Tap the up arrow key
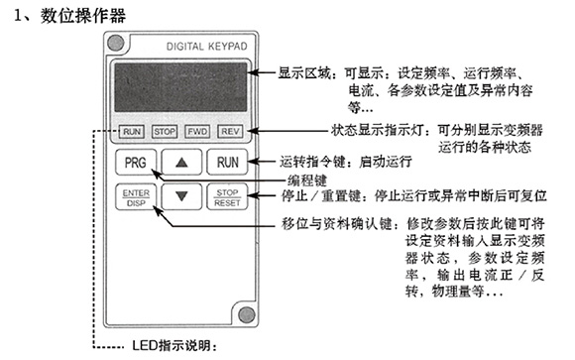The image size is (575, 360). [x=180, y=160]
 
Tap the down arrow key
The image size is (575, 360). [x=180, y=195]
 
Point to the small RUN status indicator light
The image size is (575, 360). [x=133, y=130]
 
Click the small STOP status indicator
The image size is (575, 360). [x=165, y=130]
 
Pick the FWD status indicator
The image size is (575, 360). [x=197, y=130]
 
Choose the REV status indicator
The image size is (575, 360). [x=230, y=130]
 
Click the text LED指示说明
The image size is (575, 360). [x=173, y=347]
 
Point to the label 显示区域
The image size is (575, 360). [x=298, y=72]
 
